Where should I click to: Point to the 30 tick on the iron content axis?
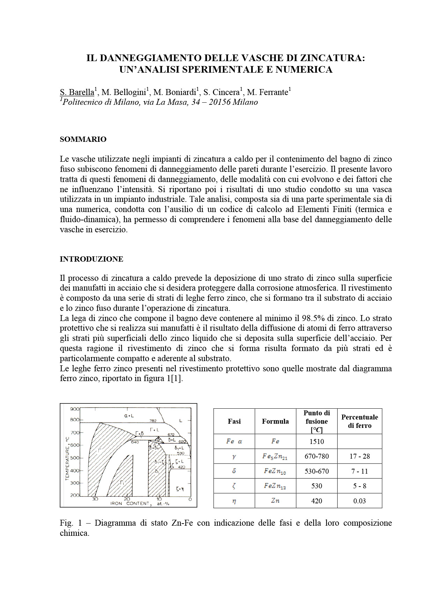pos(95,499)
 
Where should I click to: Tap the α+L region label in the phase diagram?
pos(129,416)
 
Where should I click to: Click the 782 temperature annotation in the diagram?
pos(153,421)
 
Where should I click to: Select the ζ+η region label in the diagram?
pos(180,489)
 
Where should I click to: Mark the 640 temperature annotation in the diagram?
pos(135,442)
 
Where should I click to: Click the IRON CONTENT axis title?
pos(130,504)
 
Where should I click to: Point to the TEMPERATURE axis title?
pos(67,458)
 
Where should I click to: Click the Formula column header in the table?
pos(275,421)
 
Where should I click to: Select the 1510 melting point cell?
pos(316,441)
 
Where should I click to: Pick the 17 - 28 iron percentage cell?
pos(359,456)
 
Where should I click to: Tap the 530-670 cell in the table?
pos(316,471)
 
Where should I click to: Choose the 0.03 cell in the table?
pos(359,501)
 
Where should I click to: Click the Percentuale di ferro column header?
pos(359,421)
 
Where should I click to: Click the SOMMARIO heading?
pos(83,139)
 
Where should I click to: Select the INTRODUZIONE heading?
pos(91,259)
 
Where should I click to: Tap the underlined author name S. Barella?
pos(77,92)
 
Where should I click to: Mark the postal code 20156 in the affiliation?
pos(220,102)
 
